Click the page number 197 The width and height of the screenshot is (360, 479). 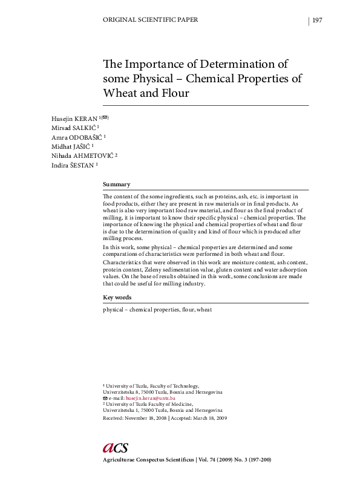317,20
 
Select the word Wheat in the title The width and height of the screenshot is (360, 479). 121,93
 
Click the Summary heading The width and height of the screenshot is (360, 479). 116,184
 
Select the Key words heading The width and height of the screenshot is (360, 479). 117,298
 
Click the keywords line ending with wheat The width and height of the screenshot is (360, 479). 157,310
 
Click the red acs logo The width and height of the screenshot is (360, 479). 115,447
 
